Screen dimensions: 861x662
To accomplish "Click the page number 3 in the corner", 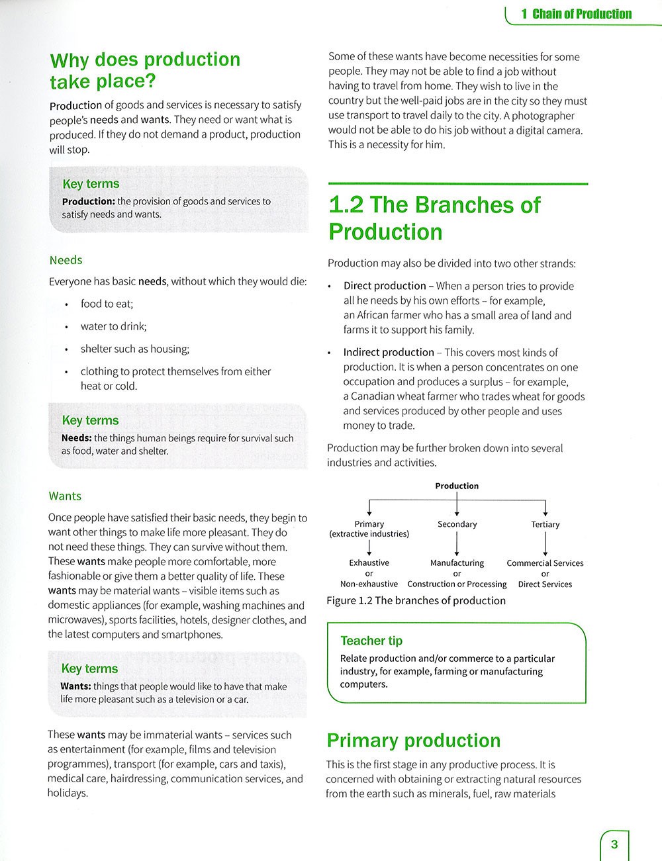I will tap(614, 844).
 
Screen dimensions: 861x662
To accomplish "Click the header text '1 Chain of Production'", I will tap(576, 14).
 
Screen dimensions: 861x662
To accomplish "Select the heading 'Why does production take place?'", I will tap(145, 70).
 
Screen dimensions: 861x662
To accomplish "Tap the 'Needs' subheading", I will tap(66, 260).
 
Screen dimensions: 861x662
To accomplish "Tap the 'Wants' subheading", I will tap(65, 496).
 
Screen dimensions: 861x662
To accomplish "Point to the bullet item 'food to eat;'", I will tap(107, 304).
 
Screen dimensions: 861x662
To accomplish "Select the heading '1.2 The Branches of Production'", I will tap(434, 218).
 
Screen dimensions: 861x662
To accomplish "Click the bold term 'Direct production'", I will tap(385, 286).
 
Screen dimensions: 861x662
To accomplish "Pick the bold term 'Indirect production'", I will tap(389, 352).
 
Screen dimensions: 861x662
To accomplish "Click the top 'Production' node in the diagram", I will tap(457, 486).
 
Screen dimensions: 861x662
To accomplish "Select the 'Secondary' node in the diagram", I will tap(457, 524).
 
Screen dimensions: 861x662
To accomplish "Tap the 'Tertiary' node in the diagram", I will tap(545, 524).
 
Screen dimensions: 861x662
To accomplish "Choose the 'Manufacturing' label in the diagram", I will tap(457, 563).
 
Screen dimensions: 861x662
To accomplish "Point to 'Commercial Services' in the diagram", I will tap(545, 563).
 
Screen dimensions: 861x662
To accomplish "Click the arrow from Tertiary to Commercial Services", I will tap(545, 544).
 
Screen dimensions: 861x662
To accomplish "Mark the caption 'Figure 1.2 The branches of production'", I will tap(416, 600).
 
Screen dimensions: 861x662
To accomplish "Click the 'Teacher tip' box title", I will tap(371, 641).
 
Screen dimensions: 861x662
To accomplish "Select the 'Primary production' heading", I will tap(414, 741).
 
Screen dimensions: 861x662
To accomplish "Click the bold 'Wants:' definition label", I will tap(75, 686).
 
